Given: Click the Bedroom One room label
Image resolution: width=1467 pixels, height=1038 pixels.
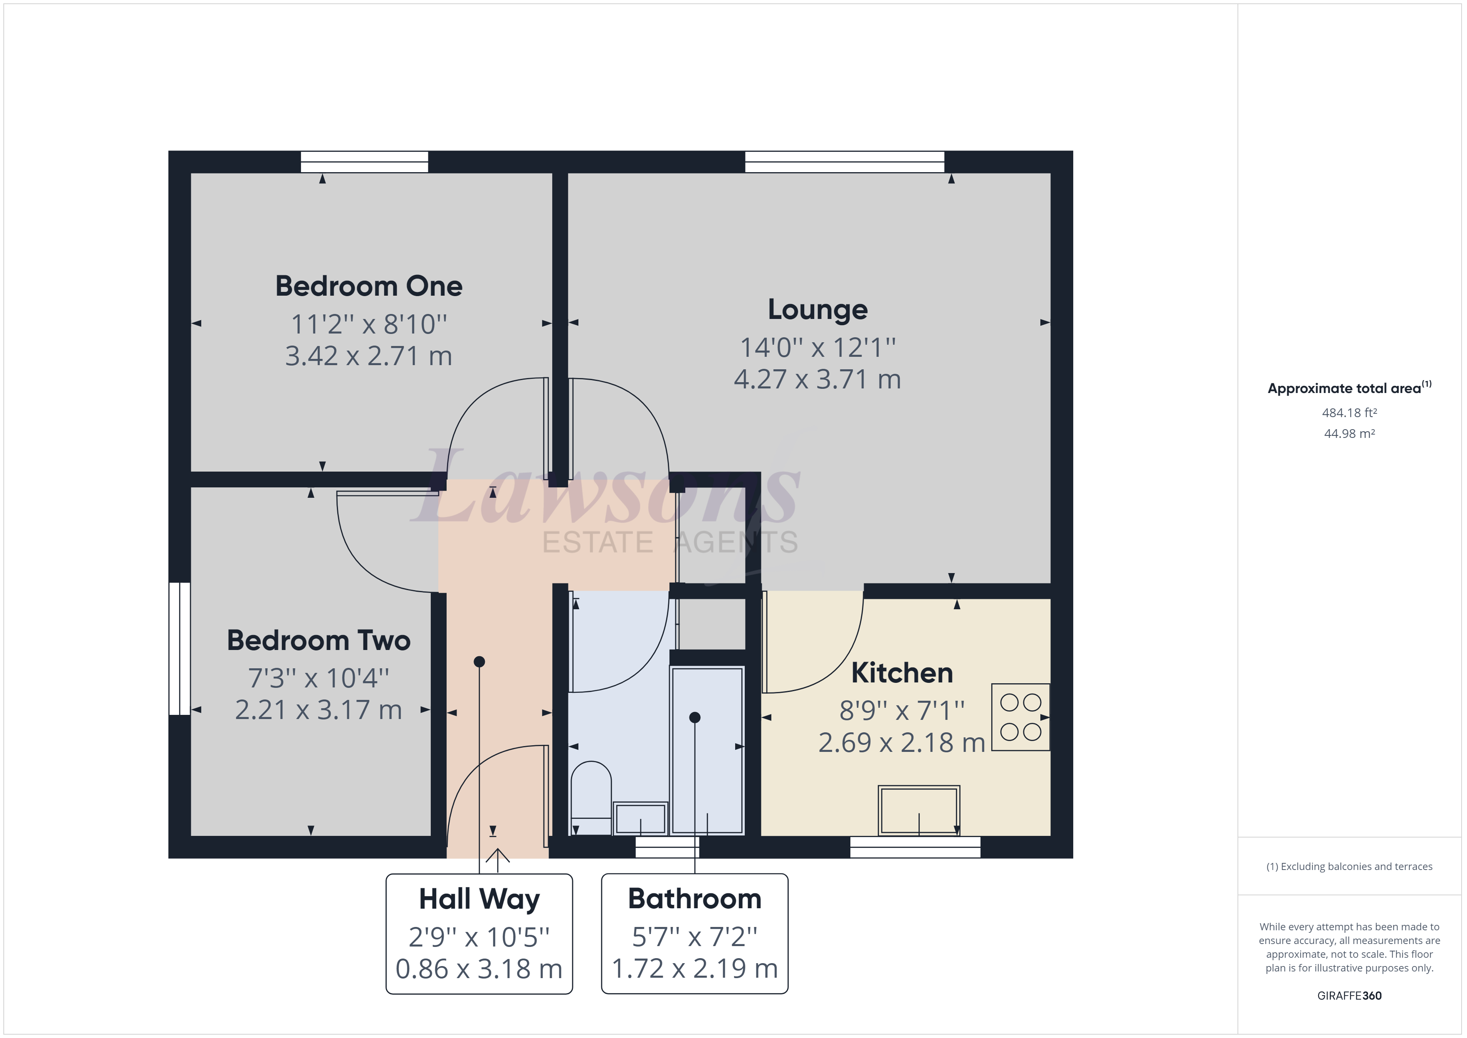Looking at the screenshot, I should pyautogui.click(x=369, y=287).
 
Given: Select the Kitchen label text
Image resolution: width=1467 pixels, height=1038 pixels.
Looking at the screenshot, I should pyautogui.click(x=901, y=673).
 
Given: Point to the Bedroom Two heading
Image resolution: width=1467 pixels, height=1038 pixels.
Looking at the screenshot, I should pyautogui.click(x=318, y=640).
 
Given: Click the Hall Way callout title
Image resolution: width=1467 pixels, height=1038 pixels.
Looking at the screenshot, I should pyautogui.click(x=479, y=899).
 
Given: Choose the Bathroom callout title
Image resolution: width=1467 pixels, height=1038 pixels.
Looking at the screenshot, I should pyautogui.click(x=694, y=899).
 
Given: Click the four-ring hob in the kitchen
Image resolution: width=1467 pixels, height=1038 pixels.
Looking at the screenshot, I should pyautogui.click(x=1020, y=717).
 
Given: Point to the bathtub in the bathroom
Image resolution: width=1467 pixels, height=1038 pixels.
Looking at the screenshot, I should pyautogui.click(x=707, y=749).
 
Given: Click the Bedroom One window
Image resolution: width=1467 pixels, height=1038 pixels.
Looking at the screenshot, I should pyautogui.click(x=364, y=162).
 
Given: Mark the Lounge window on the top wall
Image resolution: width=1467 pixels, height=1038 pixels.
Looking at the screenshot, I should pyautogui.click(x=844, y=162).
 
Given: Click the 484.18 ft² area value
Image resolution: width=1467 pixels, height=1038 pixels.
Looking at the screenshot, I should pyautogui.click(x=1349, y=413).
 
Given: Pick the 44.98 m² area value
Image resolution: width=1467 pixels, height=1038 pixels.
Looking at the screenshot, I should pyautogui.click(x=1349, y=433).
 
